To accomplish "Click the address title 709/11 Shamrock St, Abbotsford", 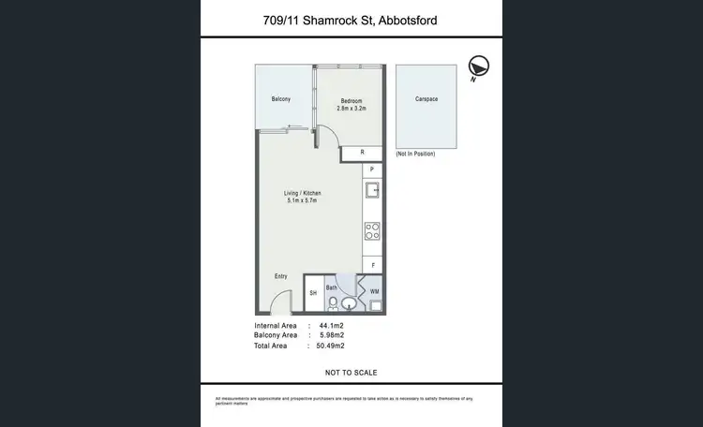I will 351,21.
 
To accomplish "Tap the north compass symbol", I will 479,66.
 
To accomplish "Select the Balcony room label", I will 281,99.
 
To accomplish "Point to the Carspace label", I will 426,99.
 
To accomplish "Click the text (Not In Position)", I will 415,154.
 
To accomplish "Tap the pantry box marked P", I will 371,169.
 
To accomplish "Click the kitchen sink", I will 372,192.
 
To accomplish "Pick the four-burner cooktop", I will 372,229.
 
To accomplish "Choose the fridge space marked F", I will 372,266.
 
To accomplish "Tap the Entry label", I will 281,276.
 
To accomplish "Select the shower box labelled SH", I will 313,293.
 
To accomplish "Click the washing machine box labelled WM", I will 373,292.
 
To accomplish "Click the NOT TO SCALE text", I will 351,373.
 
